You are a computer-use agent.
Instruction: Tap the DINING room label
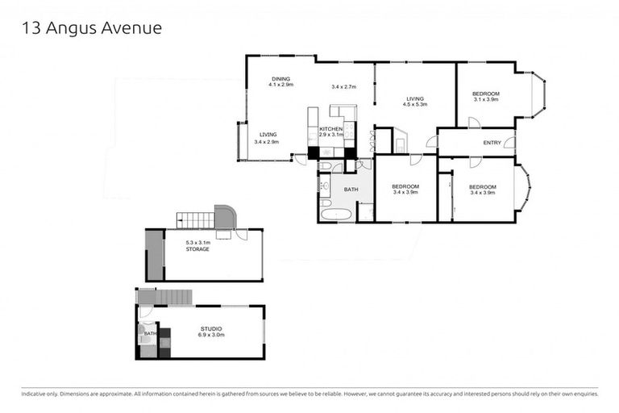tap(280, 77)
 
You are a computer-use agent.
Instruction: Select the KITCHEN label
tap(331, 129)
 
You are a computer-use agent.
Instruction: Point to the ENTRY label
tap(492, 143)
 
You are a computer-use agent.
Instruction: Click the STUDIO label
tap(212, 328)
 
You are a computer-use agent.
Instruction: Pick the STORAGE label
tap(197, 249)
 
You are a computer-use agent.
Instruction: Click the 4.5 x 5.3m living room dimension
tap(415, 104)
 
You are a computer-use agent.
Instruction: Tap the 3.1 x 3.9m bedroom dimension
tap(486, 101)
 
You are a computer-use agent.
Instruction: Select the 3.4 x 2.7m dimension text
tap(343, 86)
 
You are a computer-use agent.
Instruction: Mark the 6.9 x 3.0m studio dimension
tap(212, 336)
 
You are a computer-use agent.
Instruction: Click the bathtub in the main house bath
tap(335, 215)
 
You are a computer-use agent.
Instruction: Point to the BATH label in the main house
tap(351, 190)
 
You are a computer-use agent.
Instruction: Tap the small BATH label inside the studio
tap(150, 332)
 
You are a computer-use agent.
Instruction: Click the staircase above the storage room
tap(196, 218)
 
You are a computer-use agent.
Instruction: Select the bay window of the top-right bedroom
tap(538, 95)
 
